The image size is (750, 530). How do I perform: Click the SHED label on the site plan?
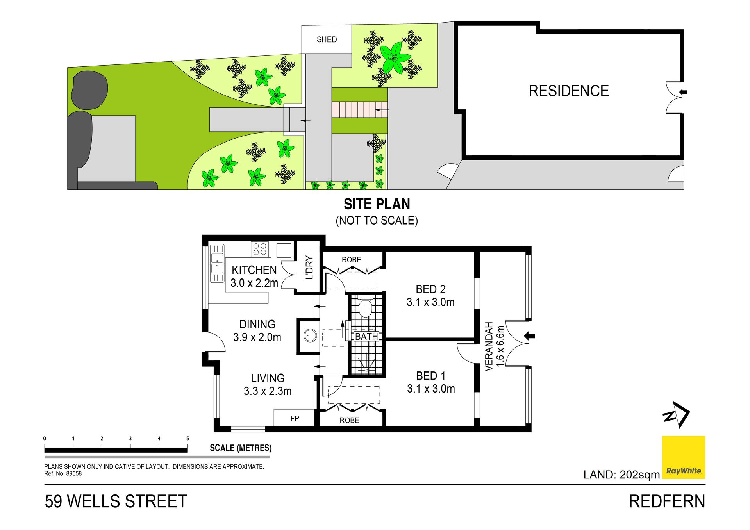click(327, 39)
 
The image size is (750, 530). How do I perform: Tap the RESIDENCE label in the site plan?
click(569, 91)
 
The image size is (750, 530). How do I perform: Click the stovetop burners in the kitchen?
click(260, 249)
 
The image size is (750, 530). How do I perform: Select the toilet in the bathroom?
click(365, 306)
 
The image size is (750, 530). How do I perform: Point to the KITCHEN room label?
click(254, 270)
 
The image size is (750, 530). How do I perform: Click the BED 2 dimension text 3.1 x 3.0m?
click(430, 302)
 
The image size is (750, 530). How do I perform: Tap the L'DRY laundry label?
click(309, 268)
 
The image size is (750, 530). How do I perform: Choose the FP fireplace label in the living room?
click(295, 419)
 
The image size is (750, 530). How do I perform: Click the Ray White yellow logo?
click(684, 457)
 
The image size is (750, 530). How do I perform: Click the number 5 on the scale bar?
click(187, 438)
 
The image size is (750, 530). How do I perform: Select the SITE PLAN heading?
click(377, 204)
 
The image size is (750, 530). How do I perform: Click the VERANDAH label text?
click(489, 346)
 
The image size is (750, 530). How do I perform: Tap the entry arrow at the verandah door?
click(529, 335)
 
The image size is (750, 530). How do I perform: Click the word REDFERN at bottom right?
click(667, 501)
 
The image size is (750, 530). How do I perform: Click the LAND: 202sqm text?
click(621, 475)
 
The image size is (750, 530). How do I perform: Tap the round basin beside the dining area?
click(311, 335)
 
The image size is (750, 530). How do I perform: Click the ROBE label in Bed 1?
click(349, 420)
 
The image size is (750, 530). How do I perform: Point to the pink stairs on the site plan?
click(360, 110)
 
